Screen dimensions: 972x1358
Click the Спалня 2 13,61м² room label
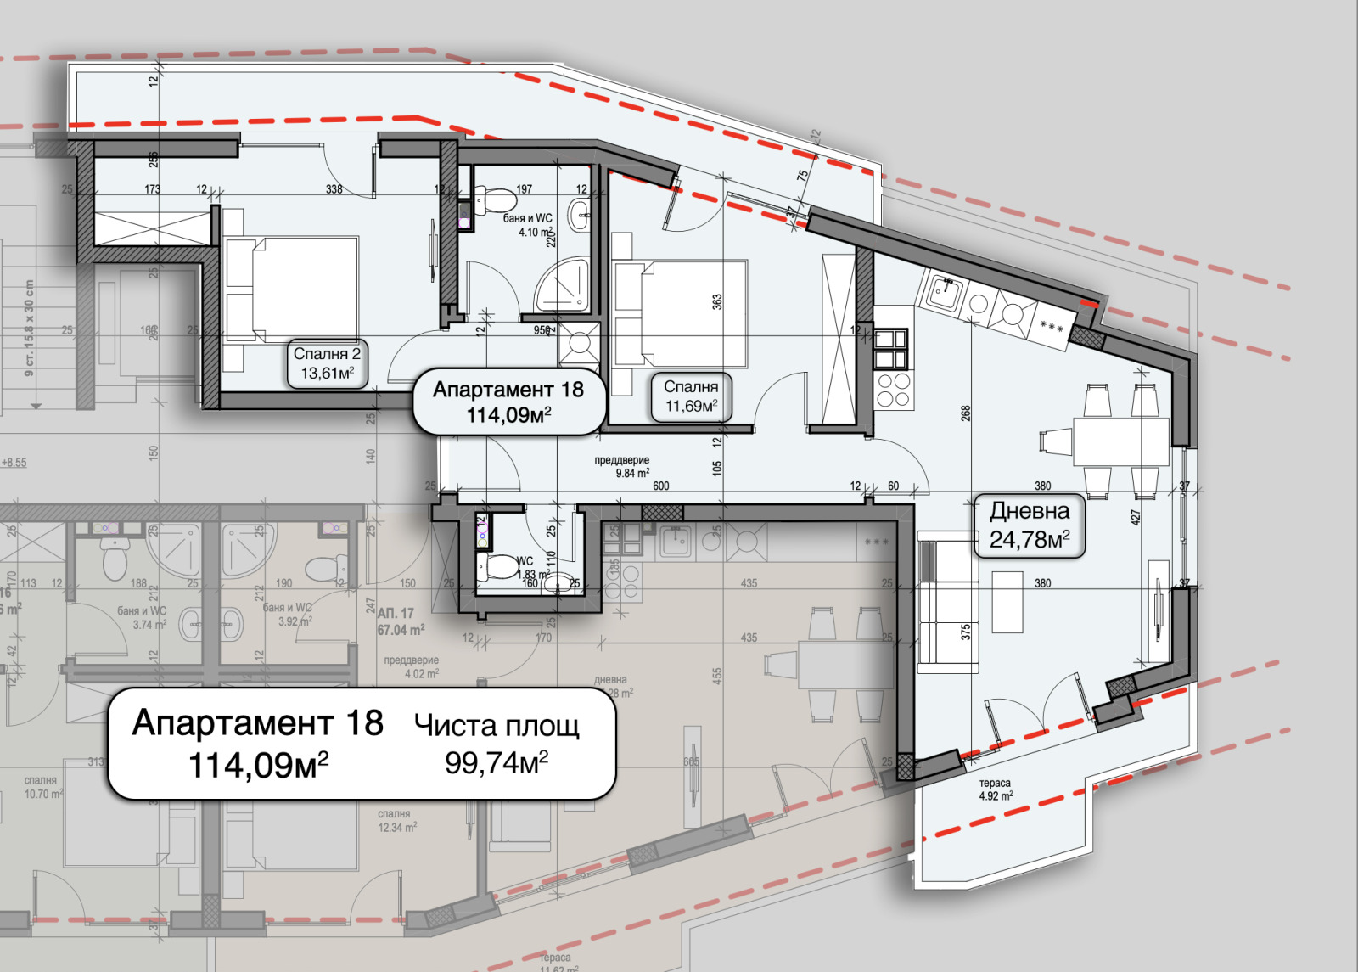[327, 364]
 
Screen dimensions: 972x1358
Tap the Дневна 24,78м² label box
[1029, 525]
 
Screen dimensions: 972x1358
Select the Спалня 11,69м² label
[691, 396]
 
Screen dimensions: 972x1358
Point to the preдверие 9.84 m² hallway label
[621, 467]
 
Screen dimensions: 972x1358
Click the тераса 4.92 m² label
[995, 789]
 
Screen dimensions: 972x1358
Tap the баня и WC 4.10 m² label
[528, 225]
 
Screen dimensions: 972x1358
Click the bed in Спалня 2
[290, 289]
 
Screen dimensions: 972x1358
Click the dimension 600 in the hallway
[660, 486]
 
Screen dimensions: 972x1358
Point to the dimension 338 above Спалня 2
[334, 189]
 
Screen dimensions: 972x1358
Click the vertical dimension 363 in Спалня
[717, 301]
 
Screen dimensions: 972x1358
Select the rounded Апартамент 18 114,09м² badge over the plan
[508, 402]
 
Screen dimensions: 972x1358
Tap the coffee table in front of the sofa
[1007, 602]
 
